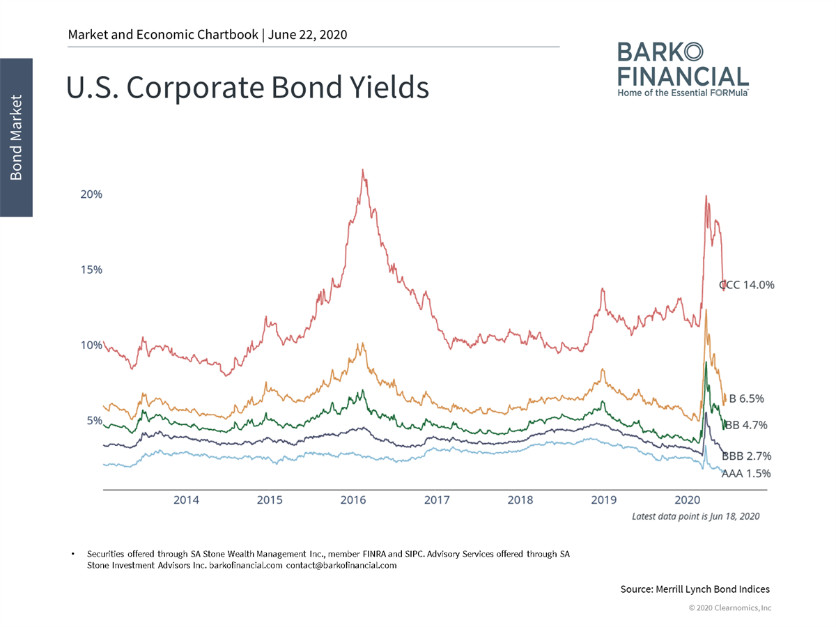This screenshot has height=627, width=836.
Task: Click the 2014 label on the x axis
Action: tap(186, 500)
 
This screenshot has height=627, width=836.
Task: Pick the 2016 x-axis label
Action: tap(353, 500)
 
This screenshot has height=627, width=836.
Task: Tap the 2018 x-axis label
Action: tap(520, 500)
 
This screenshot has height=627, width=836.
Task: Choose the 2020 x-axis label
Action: tap(688, 500)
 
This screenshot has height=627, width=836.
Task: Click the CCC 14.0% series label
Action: tap(747, 284)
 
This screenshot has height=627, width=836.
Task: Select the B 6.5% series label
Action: tap(746, 399)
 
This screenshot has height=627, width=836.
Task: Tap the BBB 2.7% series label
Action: tap(746, 456)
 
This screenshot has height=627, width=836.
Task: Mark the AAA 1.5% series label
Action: tap(746, 474)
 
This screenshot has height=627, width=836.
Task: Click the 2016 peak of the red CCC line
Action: tap(363, 169)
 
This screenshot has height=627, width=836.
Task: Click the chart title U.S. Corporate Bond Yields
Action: tap(247, 88)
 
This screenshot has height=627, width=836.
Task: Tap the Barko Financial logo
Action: tap(683, 68)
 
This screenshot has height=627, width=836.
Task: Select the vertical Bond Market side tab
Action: tap(16, 137)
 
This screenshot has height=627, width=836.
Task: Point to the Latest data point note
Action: tap(695, 516)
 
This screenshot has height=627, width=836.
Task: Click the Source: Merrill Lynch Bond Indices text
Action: tap(695, 589)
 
